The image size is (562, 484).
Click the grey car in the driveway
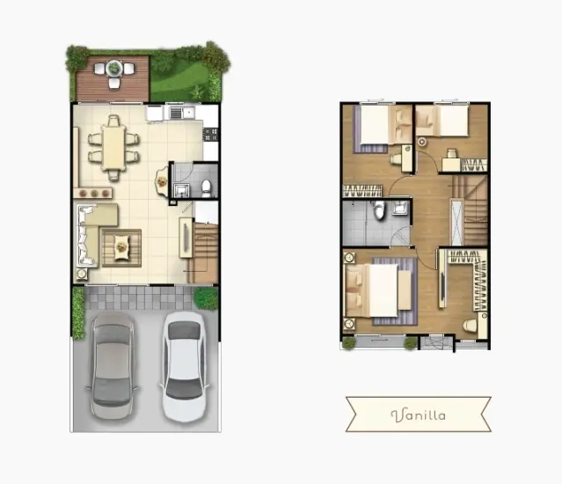(x=113, y=366)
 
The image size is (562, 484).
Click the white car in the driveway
(x=184, y=366)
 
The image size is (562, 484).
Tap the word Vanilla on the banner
(x=419, y=415)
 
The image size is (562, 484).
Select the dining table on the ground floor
(x=113, y=148)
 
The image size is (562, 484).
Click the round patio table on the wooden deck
(x=114, y=68)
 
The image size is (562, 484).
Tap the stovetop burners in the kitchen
(x=211, y=135)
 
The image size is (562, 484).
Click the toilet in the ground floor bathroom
(x=207, y=188)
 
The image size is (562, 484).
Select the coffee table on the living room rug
(x=121, y=246)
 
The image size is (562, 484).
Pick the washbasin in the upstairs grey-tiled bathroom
(x=399, y=208)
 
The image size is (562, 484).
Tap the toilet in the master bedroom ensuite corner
(x=471, y=326)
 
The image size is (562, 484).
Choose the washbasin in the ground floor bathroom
(x=180, y=189)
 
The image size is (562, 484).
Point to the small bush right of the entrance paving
(x=206, y=298)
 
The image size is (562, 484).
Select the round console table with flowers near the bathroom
(x=162, y=181)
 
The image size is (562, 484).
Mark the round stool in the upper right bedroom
(x=422, y=142)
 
